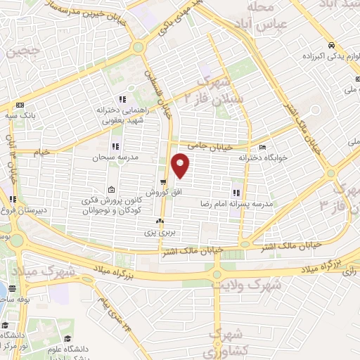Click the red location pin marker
(x=181, y=165)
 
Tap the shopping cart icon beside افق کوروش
(x=162, y=181)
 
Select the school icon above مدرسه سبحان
(x=115, y=146)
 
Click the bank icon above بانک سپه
(x=20, y=103)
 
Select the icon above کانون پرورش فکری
(x=112, y=190)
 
